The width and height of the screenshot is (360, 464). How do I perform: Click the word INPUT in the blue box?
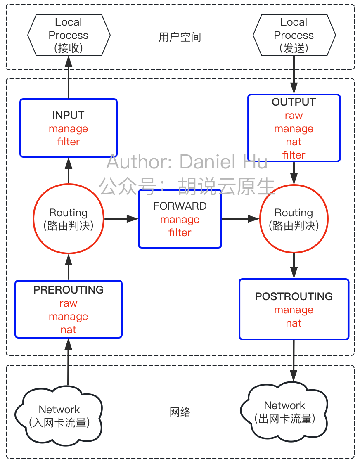pyautogui.click(x=68, y=115)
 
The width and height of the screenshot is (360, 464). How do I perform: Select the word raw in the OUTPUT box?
pyautogui.click(x=294, y=116)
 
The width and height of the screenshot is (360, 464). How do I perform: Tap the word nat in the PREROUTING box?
pyautogui.click(x=68, y=330)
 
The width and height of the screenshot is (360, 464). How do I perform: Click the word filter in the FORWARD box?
pyautogui.click(x=180, y=233)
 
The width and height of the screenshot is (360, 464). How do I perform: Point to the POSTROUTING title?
pyautogui.click(x=294, y=296)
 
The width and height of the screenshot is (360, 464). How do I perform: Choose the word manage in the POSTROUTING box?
pyautogui.click(x=294, y=310)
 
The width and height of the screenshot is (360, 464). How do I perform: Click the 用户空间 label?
pyautogui.click(x=180, y=37)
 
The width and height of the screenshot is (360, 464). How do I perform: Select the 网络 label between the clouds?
pyautogui.click(x=180, y=412)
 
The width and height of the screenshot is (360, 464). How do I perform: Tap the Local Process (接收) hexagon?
pyautogui.click(x=69, y=35)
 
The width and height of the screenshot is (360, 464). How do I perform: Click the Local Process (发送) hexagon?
pyautogui.click(x=294, y=35)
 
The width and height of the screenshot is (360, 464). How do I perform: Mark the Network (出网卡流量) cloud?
pyautogui.click(x=285, y=412)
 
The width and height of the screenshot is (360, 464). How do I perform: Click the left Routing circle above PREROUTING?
pyautogui.click(x=69, y=219)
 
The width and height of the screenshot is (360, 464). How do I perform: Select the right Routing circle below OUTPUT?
pyautogui.click(x=294, y=219)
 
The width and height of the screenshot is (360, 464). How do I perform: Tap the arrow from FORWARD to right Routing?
pyautogui.click(x=240, y=219)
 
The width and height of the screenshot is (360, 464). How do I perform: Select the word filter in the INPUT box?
pyautogui.click(x=68, y=142)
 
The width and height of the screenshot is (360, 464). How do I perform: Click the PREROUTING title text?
pyautogui.click(x=68, y=290)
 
